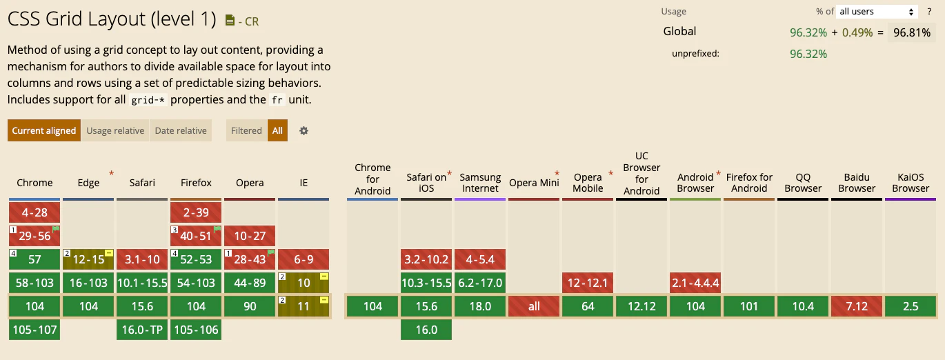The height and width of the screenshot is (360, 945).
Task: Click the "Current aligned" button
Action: [x=44, y=130]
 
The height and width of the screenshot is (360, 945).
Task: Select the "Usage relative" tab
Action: [x=115, y=130]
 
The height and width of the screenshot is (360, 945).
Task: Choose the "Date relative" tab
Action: [x=181, y=130]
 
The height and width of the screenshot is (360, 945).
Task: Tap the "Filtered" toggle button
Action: [x=246, y=130]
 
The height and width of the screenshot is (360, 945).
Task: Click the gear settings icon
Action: [x=304, y=130]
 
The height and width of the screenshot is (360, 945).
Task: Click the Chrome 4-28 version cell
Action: [x=34, y=212]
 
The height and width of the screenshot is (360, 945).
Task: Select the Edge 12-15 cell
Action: [x=88, y=259]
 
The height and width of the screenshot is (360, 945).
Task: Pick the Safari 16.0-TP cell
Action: [x=142, y=330]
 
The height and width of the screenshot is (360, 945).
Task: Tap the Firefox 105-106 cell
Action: [x=196, y=330]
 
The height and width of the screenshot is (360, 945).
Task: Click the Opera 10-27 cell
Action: [x=250, y=236]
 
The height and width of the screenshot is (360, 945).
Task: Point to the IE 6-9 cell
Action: [x=304, y=259]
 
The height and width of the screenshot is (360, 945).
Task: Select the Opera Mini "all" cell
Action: [x=534, y=306]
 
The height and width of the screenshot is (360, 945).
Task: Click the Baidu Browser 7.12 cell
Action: [x=857, y=306]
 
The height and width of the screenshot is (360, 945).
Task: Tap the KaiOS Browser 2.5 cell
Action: [x=911, y=306]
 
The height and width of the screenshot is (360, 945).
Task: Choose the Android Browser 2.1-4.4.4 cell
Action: [x=695, y=283]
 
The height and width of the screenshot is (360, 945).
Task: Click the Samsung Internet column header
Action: [x=480, y=183]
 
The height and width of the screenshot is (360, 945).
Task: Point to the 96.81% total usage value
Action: [x=911, y=32]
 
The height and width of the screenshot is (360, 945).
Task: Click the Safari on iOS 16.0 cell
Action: [x=426, y=330]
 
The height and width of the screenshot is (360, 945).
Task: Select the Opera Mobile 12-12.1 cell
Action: [x=588, y=283]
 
